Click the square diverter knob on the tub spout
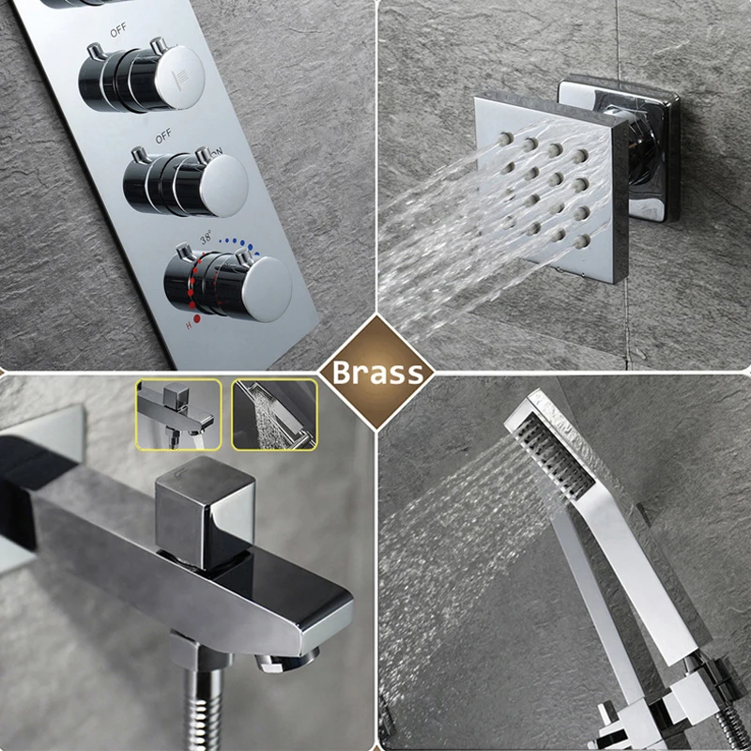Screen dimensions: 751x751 pyautogui.click(x=205, y=508)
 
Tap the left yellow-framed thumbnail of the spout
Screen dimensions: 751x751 pyautogui.click(x=178, y=413)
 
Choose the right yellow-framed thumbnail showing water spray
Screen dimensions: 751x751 pyautogui.click(x=274, y=413)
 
